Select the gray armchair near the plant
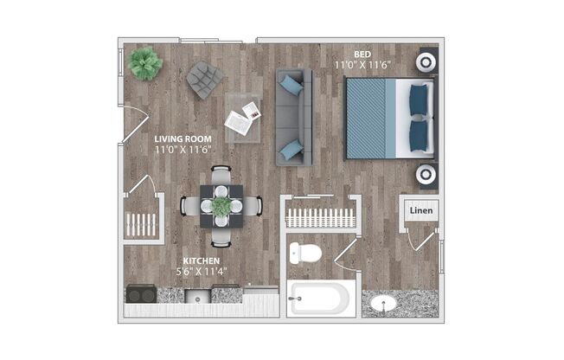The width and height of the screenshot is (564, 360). coord(204,80)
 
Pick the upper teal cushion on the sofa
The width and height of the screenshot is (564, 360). coord(292,85)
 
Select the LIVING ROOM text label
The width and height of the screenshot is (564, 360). coord(183,138)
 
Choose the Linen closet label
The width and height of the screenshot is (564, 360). coord(420,210)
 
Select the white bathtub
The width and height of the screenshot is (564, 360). coord(319,299)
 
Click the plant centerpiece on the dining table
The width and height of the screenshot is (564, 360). coord(221,206)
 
